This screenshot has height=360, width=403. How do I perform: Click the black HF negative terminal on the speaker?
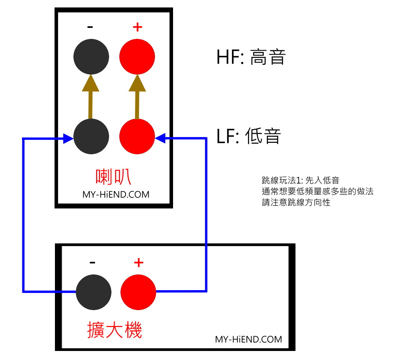(91, 57)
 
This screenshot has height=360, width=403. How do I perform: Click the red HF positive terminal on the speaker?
(137, 57)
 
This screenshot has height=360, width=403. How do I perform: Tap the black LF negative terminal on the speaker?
(91, 137)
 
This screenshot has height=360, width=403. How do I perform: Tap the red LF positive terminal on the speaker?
(137, 137)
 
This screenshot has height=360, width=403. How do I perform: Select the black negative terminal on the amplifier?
(93, 292)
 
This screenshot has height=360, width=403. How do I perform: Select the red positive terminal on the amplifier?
(138, 292)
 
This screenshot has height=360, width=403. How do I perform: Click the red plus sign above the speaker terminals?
(137, 27)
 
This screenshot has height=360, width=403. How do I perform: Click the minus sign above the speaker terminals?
(90, 27)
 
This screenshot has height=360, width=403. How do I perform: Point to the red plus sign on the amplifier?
(139, 263)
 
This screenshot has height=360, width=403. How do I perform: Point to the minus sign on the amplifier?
(93, 263)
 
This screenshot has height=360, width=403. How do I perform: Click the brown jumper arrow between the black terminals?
(91, 97)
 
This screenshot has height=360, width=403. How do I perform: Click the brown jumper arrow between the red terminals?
(137, 97)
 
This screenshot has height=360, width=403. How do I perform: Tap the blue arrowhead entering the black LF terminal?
(68, 139)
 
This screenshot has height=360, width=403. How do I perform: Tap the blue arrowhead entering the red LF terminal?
(160, 138)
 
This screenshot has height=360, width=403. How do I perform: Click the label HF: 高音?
(251, 57)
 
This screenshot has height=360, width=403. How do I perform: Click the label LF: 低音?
(248, 136)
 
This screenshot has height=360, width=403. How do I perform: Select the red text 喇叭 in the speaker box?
(113, 177)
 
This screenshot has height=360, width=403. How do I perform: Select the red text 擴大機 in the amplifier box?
(115, 330)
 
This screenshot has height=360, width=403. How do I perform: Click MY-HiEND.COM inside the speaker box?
(116, 194)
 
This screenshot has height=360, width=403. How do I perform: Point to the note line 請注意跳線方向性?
(296, 202)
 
